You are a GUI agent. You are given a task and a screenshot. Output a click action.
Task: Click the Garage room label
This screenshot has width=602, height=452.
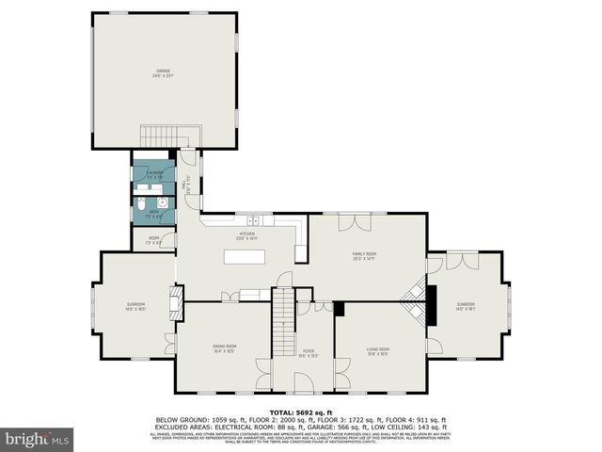(165, 73)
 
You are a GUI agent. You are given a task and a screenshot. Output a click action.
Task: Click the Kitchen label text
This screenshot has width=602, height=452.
(247, 234)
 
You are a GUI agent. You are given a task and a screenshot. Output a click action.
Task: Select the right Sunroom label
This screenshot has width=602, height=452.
(466, 305)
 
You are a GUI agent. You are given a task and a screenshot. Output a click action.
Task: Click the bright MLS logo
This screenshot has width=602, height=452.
(38, 440)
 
